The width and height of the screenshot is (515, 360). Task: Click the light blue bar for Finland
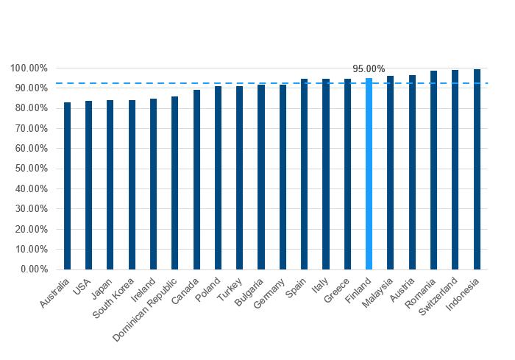click(x=369, y=174)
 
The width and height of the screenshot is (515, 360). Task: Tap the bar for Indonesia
click(x=477, y=169)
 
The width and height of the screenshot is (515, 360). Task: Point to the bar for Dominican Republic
click(x=175, y=183)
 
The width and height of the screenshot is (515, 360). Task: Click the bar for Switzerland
click(x=455, y=170)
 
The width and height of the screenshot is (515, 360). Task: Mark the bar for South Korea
click(x=132, y=185)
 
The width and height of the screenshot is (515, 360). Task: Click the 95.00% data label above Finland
click(x=369, y=68)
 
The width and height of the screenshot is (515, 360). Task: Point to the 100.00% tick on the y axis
click(x=29, y=68)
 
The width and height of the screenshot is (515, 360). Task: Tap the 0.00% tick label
click(x=34, y=269)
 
